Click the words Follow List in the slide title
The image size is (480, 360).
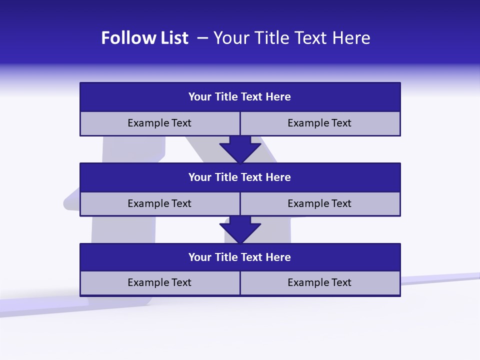[x=144, y=38]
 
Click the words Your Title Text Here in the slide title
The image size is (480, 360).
[x=291, y=38]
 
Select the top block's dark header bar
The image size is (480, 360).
[x=240, y=97]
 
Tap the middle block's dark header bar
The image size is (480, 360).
[x=240, y=177]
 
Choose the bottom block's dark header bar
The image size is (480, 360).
[x=240, y=257]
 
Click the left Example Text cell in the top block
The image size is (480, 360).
[x=159, y=123]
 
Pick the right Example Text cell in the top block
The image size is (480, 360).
[x=319, y=123]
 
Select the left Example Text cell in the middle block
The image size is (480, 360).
[x=159, y=203]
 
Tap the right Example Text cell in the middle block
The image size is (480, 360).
[x=319, y=203]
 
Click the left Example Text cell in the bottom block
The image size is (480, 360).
[x=159, y=282]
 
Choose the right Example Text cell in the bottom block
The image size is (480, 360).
[x=319, y=282]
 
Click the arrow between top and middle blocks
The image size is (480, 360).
[x=240, y=148]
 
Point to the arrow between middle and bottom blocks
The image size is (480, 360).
[x=240, y=229]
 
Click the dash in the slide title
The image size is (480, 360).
[x=202, y=38]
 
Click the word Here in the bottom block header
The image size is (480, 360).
[x=278, y=257]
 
